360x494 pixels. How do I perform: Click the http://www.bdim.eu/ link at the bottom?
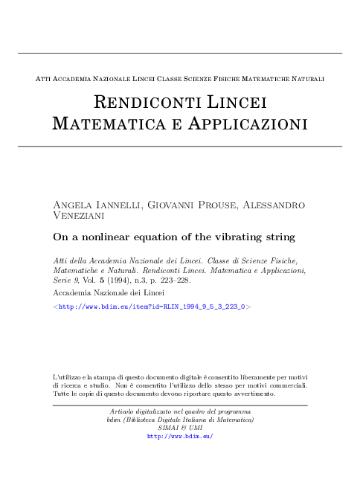[181, 436]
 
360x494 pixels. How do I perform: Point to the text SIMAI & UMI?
[181, 428]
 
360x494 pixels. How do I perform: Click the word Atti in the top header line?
[44, 77]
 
